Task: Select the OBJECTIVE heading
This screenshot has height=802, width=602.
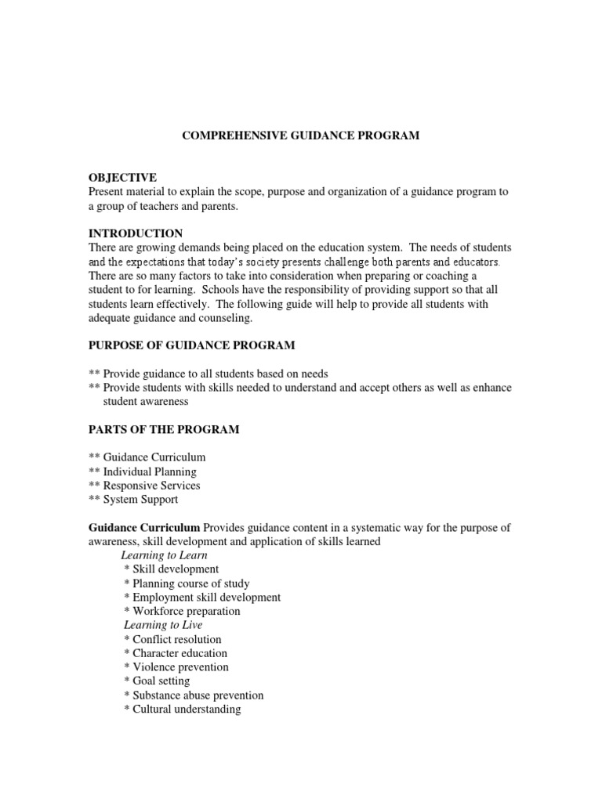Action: (122, 178)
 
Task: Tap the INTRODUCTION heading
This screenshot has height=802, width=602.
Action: (136, 233)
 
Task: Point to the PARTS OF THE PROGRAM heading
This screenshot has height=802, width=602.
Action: (164, 429)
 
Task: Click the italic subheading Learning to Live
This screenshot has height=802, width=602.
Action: (163, 625)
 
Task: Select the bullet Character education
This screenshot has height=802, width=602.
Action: (176, 653)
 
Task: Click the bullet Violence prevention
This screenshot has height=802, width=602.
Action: (176, 667)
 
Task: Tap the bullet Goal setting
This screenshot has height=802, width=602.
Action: (157, 681)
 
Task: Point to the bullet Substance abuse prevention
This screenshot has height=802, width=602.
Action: (194, 695)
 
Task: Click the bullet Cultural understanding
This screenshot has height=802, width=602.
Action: (182, 710)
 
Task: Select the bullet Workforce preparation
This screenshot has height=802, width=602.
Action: (182, 611)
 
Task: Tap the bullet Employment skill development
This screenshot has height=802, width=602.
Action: (202, 597)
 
